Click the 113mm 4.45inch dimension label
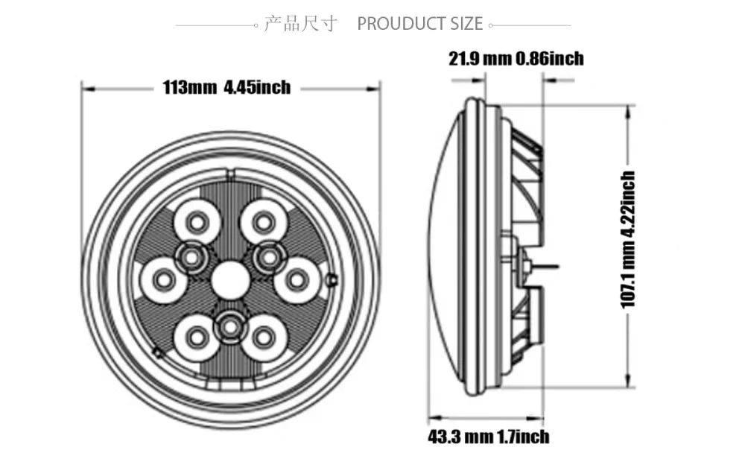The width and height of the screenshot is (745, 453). click(x=226, y=87)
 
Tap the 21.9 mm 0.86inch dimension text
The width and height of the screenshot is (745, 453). click(x=516, y=58)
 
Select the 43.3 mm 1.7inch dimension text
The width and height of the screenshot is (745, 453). click(x=489, y=437)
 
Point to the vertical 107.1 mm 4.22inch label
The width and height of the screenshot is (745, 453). click(x=628, y=240)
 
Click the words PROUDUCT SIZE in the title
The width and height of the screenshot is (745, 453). click(x=420, y=24)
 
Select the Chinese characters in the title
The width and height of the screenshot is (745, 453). click(x=300, y=23)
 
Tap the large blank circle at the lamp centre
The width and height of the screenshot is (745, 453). click(x=230, y=280)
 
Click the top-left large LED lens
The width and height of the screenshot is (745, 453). click(x=197, y=221)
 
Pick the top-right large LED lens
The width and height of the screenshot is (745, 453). click(x=263, y=221)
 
